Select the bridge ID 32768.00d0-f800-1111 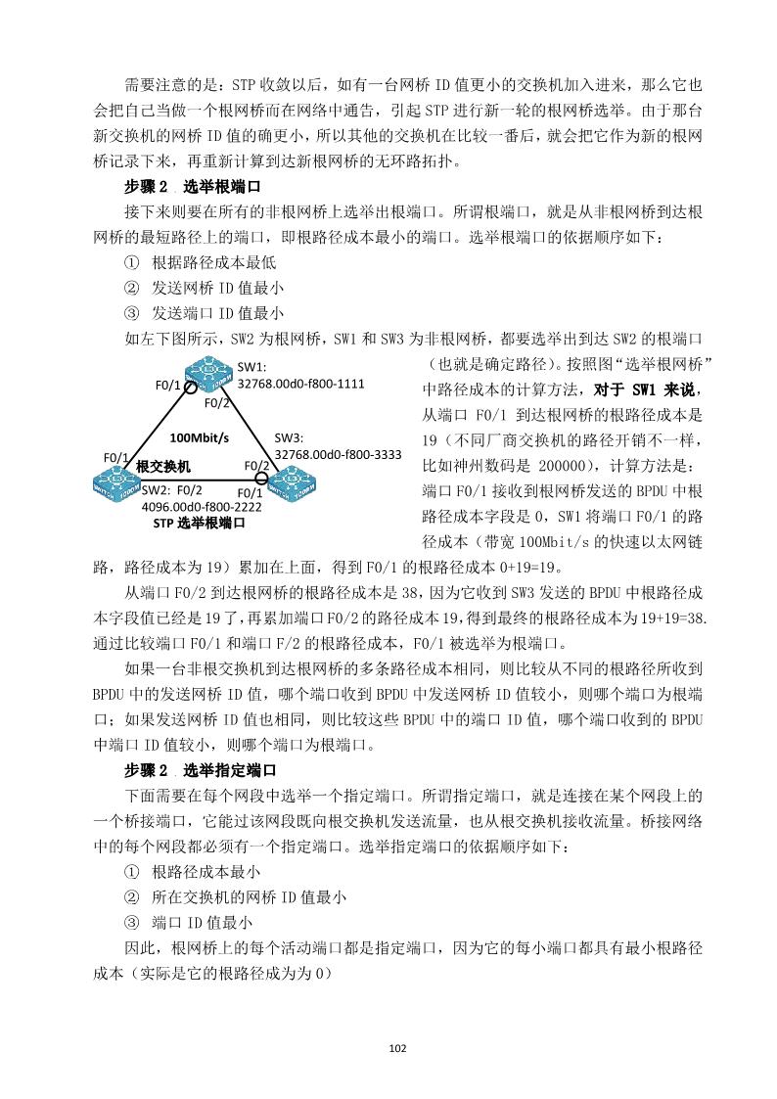point(301,384)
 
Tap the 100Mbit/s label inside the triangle point(200,437)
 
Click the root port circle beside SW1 point(190,385)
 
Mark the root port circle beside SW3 point(261,478)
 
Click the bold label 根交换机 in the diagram point(163,466)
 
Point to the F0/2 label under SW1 point(216,402)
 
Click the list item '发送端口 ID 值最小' point(217,313)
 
